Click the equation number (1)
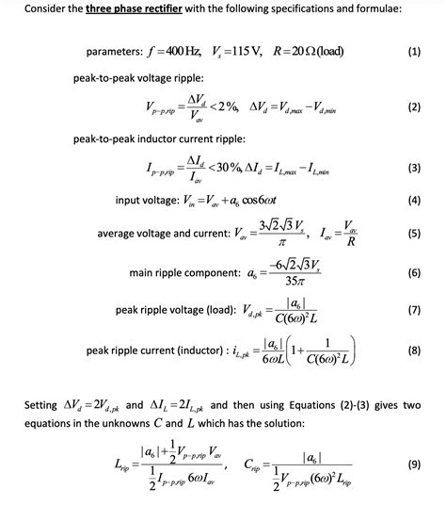[415, 53]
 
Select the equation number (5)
[415, 232]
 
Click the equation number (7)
[415, 310]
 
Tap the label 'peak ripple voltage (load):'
[177, 310]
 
